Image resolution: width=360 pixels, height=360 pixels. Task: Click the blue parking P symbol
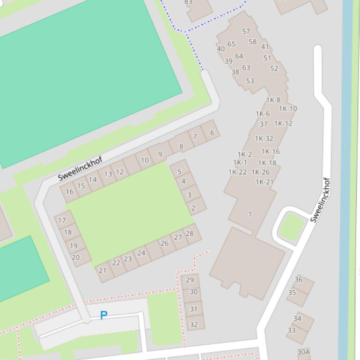pos(103,316)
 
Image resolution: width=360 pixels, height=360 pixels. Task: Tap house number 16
pos(70,191)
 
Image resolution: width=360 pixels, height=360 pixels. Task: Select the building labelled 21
pos(103,270)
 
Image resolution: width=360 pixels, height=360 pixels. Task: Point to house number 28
pos(190,234)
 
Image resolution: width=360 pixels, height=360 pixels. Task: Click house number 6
pos(212,133)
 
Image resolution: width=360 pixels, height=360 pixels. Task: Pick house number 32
pos(194,324)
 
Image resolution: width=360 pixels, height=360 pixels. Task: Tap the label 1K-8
pos(273,100)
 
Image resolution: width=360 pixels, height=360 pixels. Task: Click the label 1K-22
pos(237,172)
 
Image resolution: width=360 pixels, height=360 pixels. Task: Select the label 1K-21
pos(264,182)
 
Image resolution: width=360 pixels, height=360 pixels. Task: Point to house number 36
pos(298,280)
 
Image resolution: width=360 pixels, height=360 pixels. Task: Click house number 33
pos(292,330)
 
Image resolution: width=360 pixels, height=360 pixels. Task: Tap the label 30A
pos(304,352)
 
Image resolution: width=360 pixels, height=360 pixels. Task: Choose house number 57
pos(246,32)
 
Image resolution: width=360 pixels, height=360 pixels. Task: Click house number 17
pos(62,220)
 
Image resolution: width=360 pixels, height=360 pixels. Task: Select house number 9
pos(160,154)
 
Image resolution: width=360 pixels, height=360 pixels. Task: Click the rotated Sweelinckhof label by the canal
pos(321,200)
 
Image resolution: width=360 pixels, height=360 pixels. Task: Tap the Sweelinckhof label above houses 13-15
pos(80,169)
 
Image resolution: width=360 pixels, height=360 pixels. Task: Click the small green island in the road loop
pos(292,226)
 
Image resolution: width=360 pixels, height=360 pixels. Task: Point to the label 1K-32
pos(264,138)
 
